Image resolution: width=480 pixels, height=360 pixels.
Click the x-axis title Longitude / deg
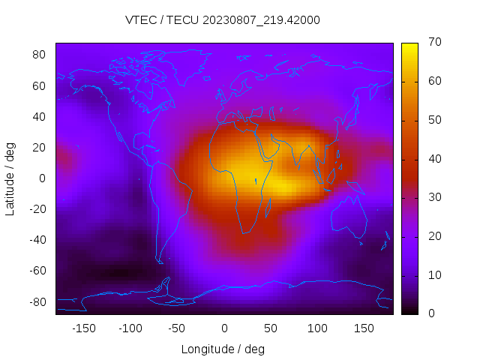click(223, 349)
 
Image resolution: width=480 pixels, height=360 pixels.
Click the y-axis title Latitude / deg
click(10, 178)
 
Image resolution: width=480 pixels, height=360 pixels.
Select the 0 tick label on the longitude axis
click(223, 328)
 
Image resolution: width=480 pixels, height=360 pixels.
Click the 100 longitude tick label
click(317, 328)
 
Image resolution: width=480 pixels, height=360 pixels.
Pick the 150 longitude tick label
click(364, 328)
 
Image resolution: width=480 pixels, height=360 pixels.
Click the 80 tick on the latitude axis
click(39, 55)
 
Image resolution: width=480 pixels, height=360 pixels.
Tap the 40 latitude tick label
click(39, 116)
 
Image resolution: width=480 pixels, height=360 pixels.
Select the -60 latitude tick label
click(37, 271)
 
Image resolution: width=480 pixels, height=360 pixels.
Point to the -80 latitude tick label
click(37, 301)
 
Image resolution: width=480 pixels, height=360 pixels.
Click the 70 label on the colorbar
click(433, 42)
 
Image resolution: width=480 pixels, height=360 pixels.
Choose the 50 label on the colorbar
click(433, 120)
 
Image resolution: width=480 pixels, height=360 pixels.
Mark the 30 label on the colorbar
click(433, 197)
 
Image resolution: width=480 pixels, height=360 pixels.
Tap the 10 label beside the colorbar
click(433, 275)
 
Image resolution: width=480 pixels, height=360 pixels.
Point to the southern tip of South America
click(159, 261)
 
